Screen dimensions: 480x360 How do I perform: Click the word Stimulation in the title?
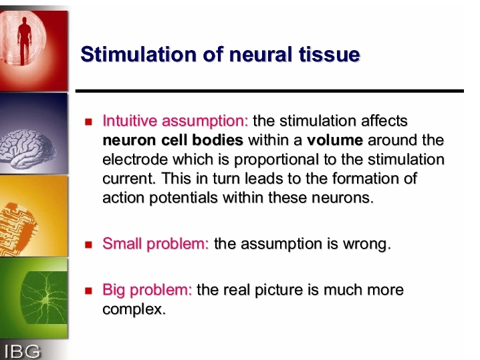click(x=138, y=54)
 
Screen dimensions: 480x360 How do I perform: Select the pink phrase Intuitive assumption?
click(x=175, y=122)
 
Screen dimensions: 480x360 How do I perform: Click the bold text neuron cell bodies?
click(x=173, y=140)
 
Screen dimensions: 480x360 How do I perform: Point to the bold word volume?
click(x=335, y=140)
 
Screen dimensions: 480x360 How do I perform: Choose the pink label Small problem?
click(x=156, y=244)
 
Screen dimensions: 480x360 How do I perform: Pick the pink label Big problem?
click(x=147, y=290)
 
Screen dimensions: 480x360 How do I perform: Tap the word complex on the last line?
click(x=134, y=309)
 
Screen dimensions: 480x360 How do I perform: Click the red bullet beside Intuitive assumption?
click(x=88, y=122)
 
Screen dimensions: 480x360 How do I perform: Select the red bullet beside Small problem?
click(x=88, y=244)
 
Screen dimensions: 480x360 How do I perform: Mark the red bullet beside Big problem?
click(x=88, y=291)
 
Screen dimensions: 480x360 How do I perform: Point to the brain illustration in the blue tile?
click(x=27, y=149)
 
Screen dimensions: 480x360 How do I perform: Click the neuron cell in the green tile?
click(x=44, y=298)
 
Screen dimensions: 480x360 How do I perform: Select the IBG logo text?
click(x=22, y=351)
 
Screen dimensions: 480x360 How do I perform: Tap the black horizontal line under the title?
click(x=269, y=91)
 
